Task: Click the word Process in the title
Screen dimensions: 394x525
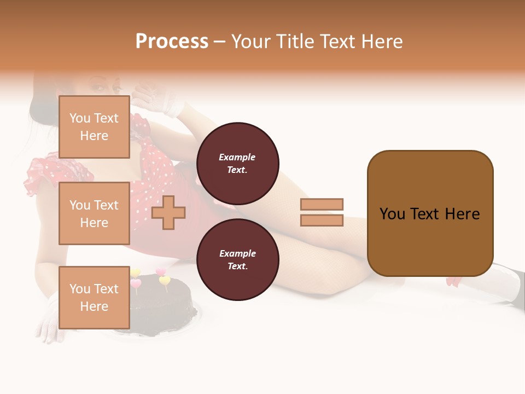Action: click(172, 42)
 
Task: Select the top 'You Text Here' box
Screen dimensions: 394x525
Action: click(94, 127)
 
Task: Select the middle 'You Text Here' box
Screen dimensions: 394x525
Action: click(94, 213)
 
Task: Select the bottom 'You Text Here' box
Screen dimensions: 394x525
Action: click(94, 297)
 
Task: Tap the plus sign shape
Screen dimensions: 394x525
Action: click(168, 212)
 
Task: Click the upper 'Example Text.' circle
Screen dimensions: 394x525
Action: click(237, 163)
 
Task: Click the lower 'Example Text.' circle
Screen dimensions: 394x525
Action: click(237, 259)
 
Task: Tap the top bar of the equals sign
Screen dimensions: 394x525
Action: click(322, 204)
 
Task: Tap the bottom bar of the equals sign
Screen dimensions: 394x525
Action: click(322, 221)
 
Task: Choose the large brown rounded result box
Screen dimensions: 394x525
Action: click(430, 241)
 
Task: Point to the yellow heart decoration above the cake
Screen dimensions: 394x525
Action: click(164, 281)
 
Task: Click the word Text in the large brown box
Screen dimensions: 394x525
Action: click(425, 214)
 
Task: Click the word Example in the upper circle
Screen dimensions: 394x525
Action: click(237, 157)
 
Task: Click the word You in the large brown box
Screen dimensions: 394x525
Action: click(392, 214)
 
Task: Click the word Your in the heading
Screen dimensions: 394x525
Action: click(251, 42)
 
